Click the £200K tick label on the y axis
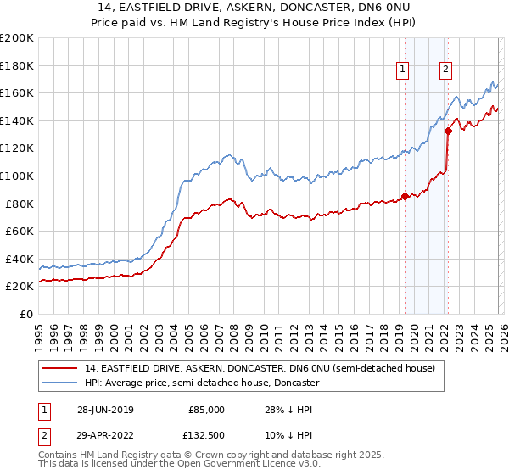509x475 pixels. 17,38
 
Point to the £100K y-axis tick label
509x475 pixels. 17,176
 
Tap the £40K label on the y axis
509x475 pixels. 20,259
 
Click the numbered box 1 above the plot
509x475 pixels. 402,70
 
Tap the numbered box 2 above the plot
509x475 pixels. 445,70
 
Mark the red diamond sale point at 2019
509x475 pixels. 405,196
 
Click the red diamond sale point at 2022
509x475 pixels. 447,131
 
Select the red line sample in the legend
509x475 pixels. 60,368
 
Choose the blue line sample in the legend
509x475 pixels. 60,383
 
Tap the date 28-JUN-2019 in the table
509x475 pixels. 104,410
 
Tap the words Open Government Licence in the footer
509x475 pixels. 225,466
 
